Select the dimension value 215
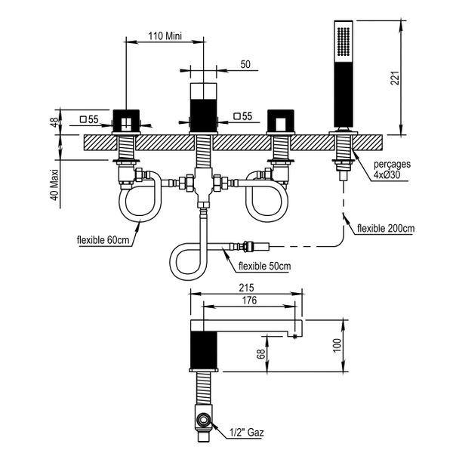tap(243, 288)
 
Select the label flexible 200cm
tap(385, 227)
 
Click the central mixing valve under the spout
tap(202, 186)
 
